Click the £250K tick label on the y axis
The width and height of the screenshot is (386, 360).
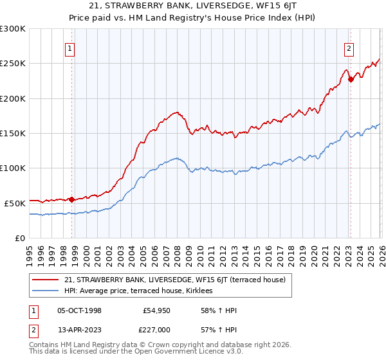[x=13, y=64]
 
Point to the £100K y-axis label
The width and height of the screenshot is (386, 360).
[x=13, y=168]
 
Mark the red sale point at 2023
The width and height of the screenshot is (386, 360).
[x=351, y=80]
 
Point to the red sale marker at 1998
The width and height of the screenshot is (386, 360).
[x=71, y=199]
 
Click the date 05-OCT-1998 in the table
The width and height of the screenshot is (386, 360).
[x=79, y=310]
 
